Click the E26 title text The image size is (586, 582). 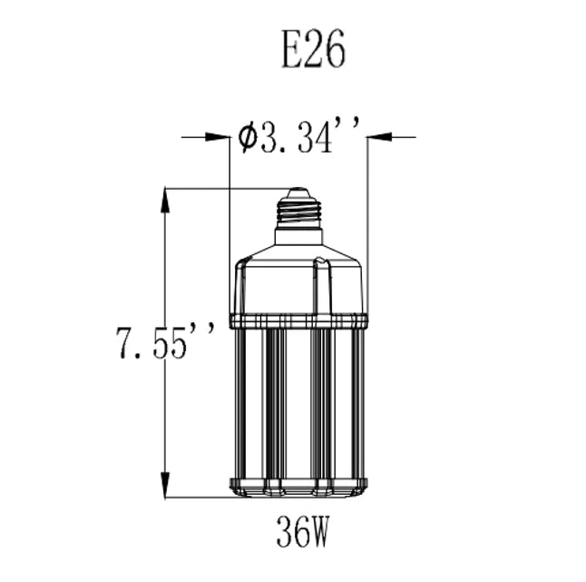(x=313, y=49)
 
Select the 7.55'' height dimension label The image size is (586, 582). (x=166, y=342)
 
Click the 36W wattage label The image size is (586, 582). (x=302, y=531)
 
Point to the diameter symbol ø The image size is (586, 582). (x=248, y=137)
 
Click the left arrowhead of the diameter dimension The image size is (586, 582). (x=218, y=137)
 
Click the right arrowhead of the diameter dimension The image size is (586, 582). (x=378, y=137)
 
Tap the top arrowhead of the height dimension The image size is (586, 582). (x=165, y=201)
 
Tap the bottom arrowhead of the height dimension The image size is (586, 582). (x=165, y=485)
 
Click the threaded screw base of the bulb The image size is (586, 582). (x=298, y=213)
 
